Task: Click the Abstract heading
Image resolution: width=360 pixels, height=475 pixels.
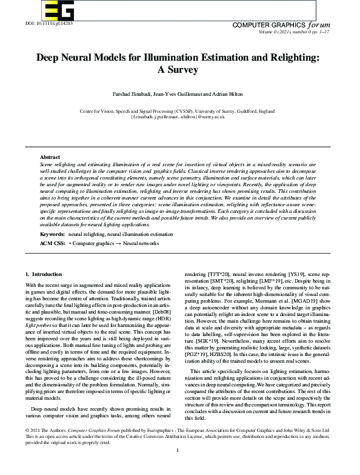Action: point(50,157)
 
